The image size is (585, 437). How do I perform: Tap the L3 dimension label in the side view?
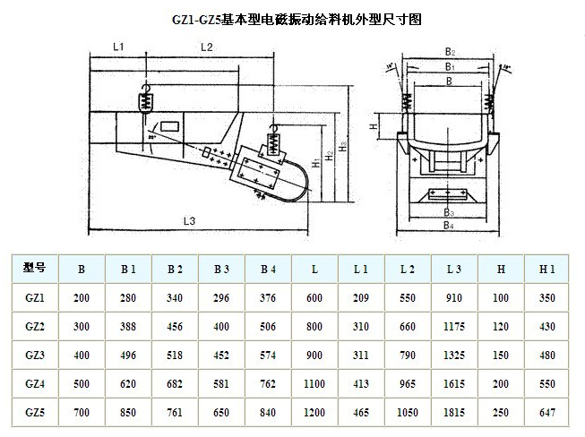(x=188, y=220)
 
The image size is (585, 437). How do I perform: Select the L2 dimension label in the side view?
(x=205, y=45)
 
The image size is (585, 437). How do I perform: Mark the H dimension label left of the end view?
(x=373, y=128)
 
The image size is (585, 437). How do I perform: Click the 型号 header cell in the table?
(x=34, y=267)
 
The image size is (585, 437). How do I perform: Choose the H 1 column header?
(x=548, y=268)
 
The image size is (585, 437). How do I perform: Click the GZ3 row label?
(x=34, y=355)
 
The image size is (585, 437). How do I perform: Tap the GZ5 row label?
(x=34, y=413)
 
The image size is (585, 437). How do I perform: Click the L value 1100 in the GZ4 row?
(x=314, y=384)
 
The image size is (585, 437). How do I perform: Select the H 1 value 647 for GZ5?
(x=548, y=413)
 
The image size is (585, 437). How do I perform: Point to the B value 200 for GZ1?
(x=82, y=296)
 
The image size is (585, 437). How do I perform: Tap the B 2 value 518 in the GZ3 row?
(x=175, y=355)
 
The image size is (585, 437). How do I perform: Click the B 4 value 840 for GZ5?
(x=268, y=413)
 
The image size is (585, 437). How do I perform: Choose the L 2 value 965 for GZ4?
(x=408, y=384)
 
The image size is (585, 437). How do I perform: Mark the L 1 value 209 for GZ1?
(x=361, y=296)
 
